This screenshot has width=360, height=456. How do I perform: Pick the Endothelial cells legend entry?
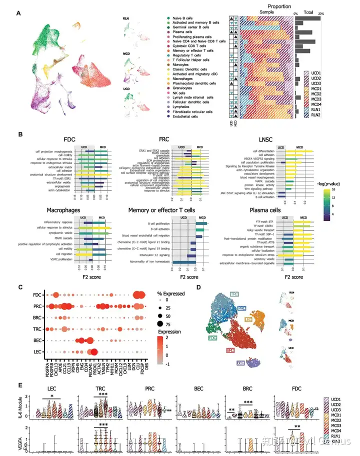(x=186, y=116)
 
